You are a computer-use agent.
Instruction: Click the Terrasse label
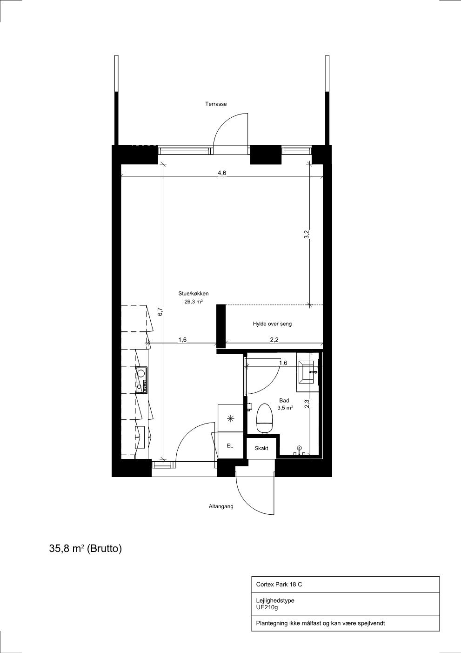point(216,104)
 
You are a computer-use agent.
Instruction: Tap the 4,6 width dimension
point(222,173)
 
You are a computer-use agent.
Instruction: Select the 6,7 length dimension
point(160,312)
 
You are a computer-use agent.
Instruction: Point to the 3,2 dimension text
point(306,234)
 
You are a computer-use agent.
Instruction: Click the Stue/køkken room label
point(194,294)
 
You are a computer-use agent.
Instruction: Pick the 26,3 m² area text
point(194,302)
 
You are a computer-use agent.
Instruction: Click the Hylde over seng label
point(272,323)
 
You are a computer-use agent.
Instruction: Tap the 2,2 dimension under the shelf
point(274,340)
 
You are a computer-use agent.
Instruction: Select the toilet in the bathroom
point(264,418)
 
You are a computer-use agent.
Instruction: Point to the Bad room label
point(284,401)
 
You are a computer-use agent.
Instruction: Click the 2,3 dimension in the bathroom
point(306,403)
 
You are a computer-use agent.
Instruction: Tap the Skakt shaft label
point(261,448)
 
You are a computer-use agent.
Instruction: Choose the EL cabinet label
point(230,446)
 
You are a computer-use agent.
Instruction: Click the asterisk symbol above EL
point(231,418)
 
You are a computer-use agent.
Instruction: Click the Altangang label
point(221,506)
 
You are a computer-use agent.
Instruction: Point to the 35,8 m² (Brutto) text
point(86,548)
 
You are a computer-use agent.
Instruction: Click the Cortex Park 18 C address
point(279,584)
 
